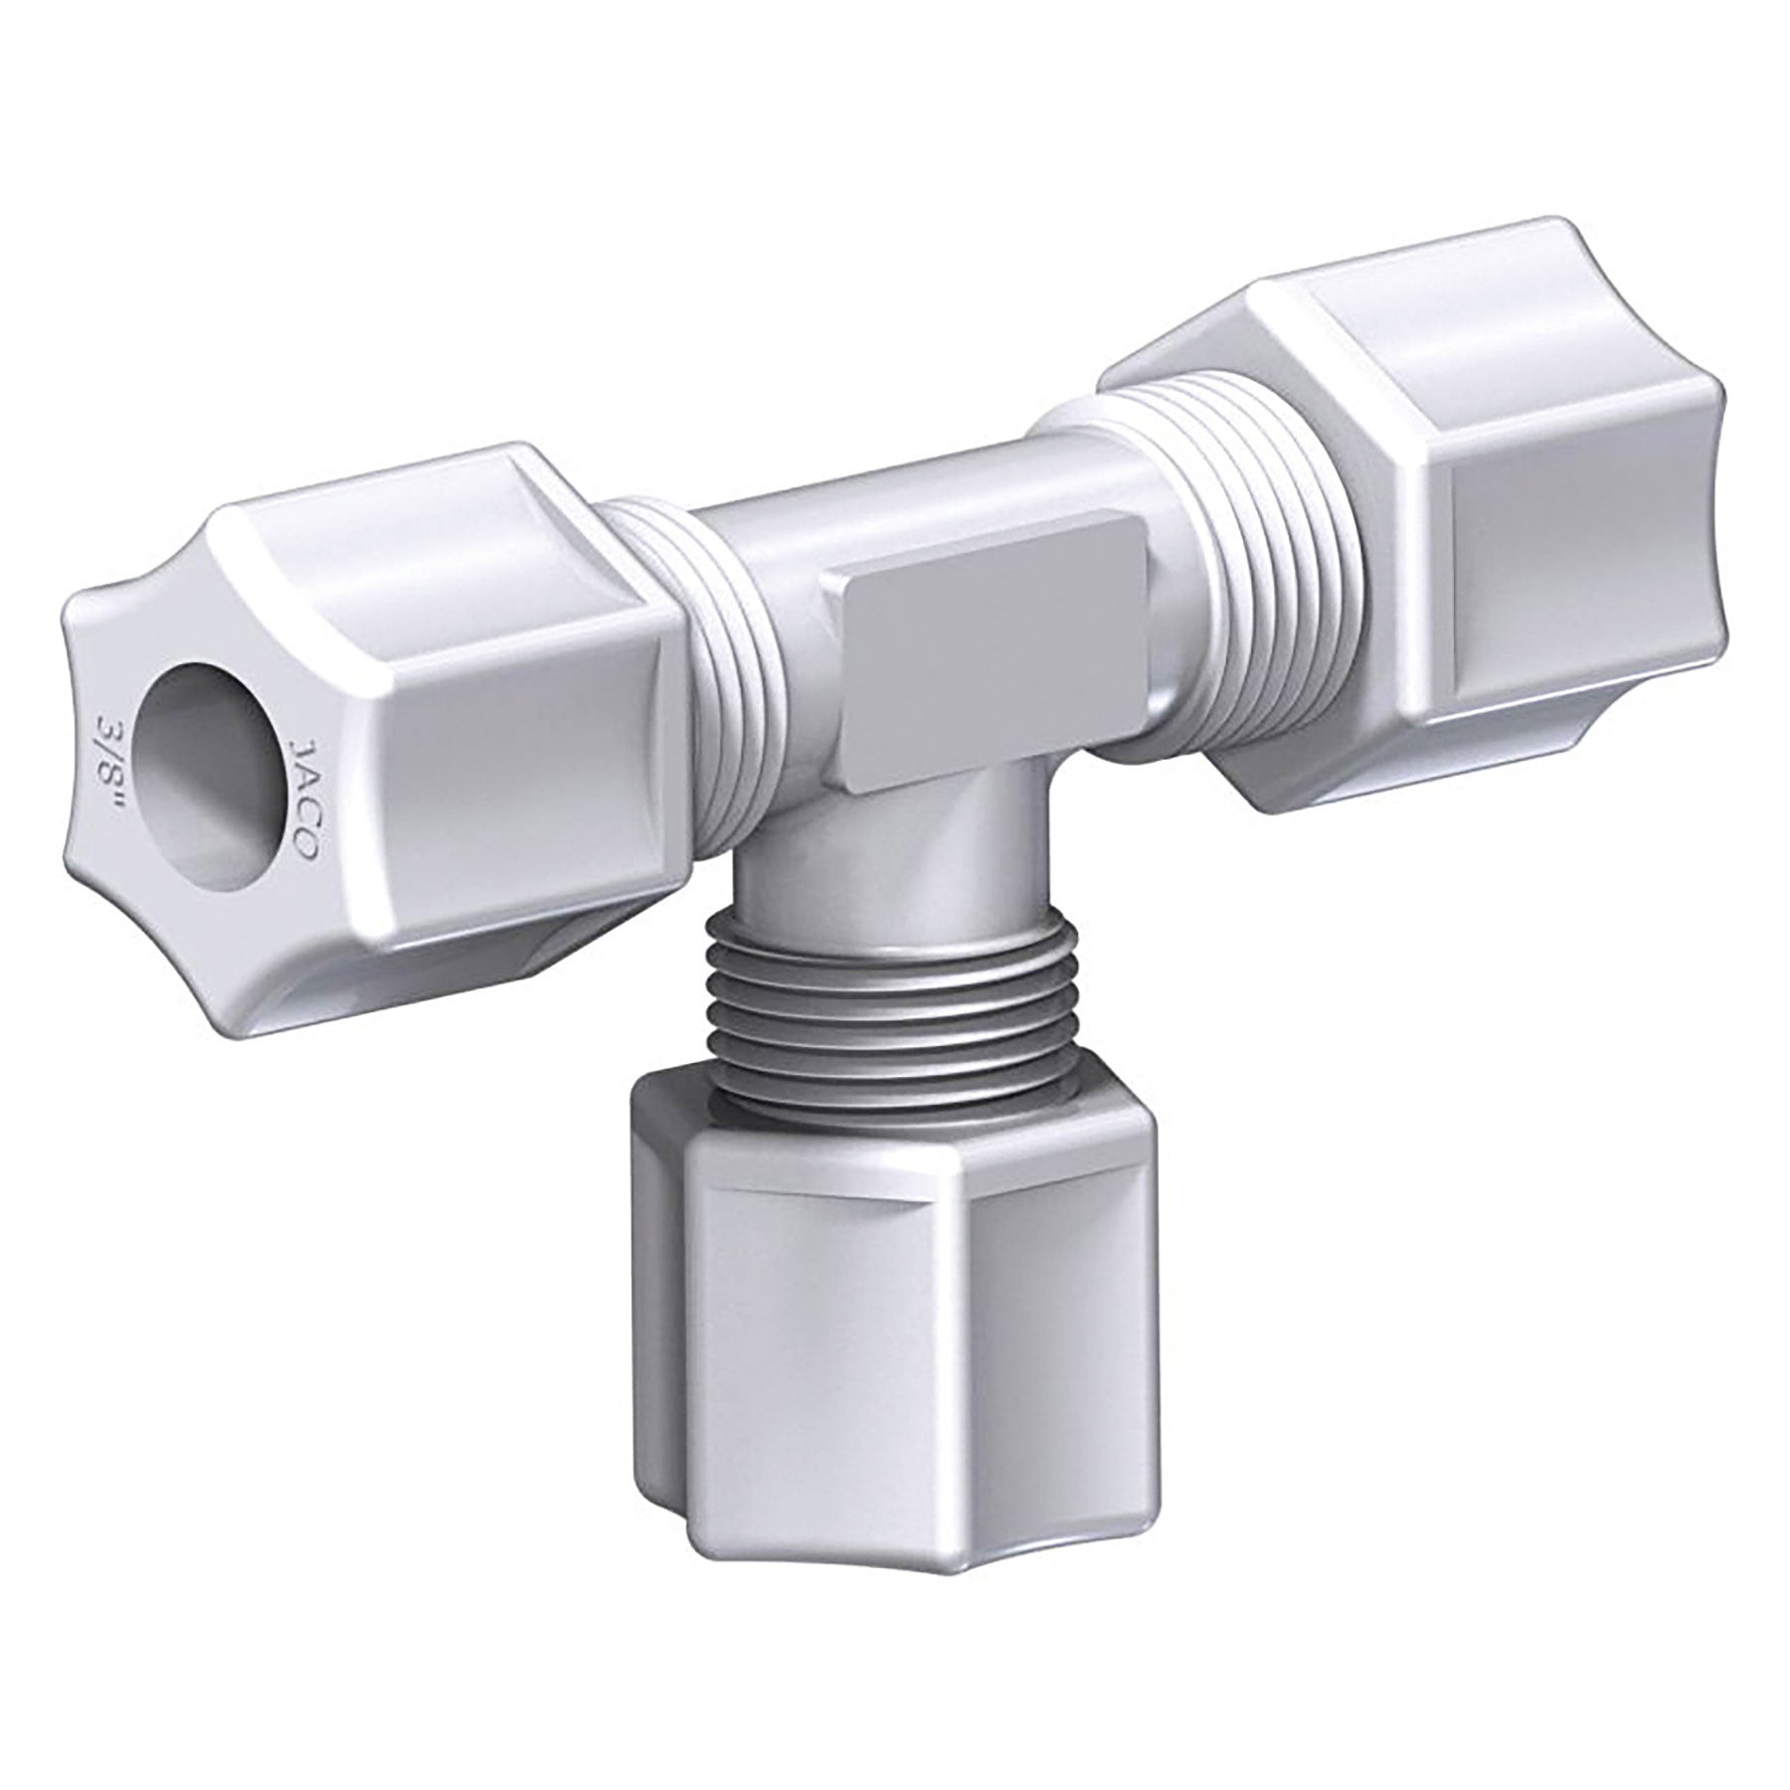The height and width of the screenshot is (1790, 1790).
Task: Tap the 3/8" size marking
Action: [106, 756]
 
